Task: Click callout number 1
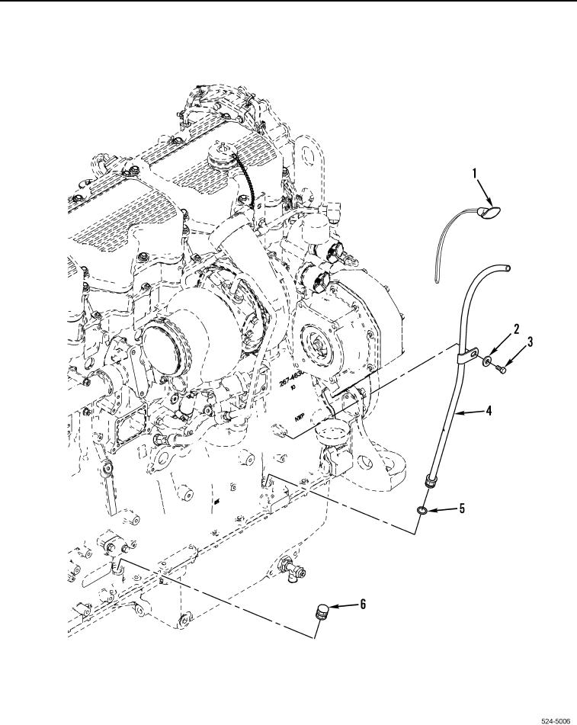(474, 174)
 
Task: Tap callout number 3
(530, 342)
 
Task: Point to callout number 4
(489, 411)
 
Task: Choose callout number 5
(461, 507)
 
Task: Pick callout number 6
(363, 604)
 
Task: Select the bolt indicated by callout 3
(504, 368)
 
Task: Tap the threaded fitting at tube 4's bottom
(430, 480)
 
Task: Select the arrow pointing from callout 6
(343, 605)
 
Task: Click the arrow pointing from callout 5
(444, 508)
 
